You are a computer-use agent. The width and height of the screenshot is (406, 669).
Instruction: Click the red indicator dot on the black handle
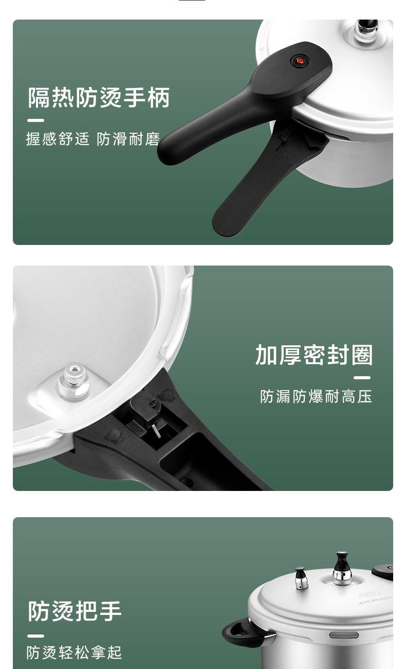point(300,61)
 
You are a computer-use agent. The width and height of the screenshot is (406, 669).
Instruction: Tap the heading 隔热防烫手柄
point(99,97)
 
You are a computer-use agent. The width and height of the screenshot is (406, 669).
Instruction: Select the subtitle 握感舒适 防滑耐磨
point(93,139)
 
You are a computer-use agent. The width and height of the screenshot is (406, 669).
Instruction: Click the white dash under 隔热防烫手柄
point(36,120)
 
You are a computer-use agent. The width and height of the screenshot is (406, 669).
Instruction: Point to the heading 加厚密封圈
point(314,355)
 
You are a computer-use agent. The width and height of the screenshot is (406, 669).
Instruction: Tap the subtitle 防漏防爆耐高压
point(316,397)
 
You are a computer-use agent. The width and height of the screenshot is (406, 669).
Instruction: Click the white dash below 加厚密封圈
point(362,378)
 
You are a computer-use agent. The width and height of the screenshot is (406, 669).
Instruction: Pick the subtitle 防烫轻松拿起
point(74,653)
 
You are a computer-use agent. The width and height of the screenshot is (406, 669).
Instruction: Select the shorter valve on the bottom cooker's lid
point(301,578)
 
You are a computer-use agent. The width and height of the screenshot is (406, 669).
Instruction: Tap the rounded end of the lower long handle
point(225,222)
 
